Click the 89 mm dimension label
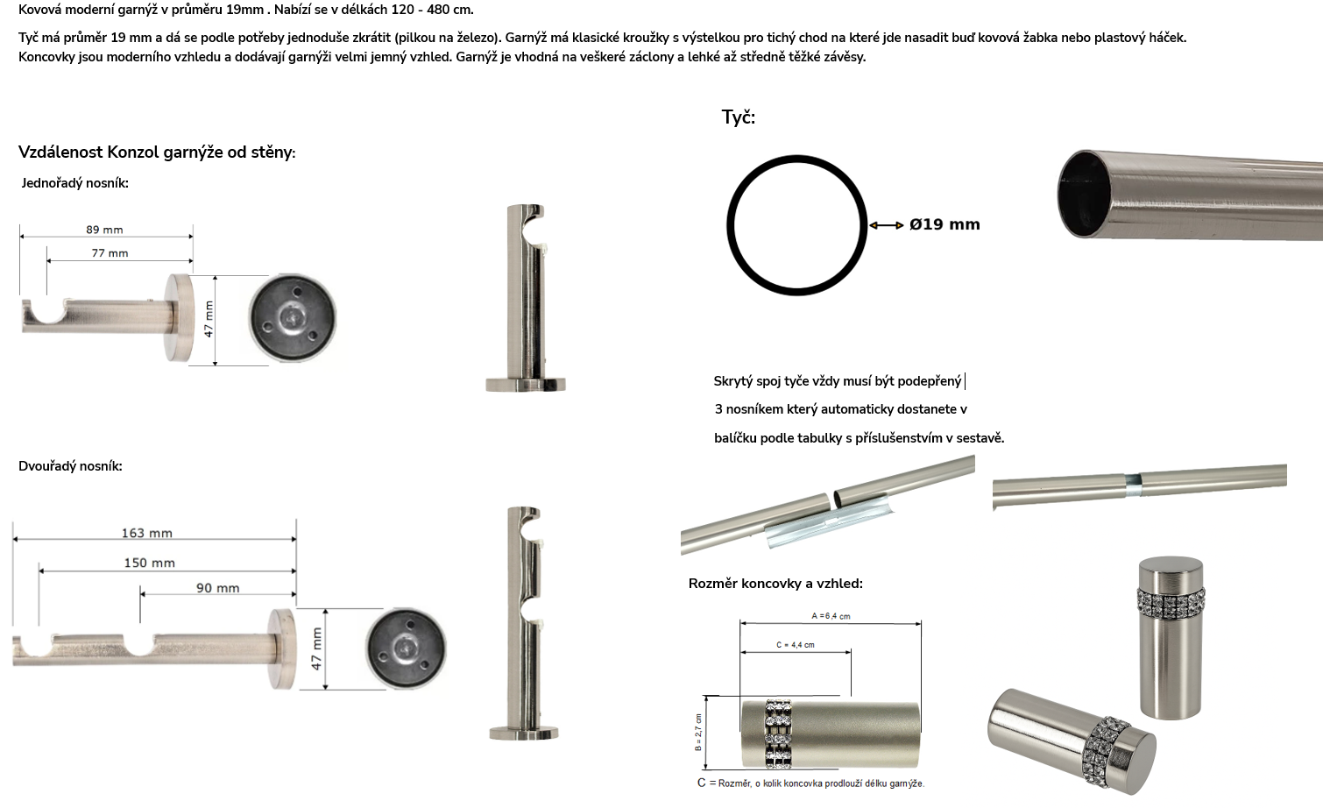tap(104, 230)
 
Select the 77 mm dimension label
tap(110, 253)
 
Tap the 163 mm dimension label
tap(147, 534)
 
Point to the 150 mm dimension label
tap(150, 563)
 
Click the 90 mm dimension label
tap(218, 588)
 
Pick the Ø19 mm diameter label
tap(944, 224)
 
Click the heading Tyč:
tap(739, 117)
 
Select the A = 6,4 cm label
tap(831, 616)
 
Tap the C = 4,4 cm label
tap(795, 645)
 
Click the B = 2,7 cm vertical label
tap(698, 733)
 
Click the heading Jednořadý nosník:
tap(75, 183)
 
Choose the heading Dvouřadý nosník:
tap(70, 466)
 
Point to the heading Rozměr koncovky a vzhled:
tap(775, 584)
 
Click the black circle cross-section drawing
tap(727, 225)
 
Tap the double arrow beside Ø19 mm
tap(887, 225)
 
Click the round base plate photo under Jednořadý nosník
tap(293, 318)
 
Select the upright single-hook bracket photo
tap(526, 298)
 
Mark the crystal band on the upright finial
tap(1171, 600)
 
